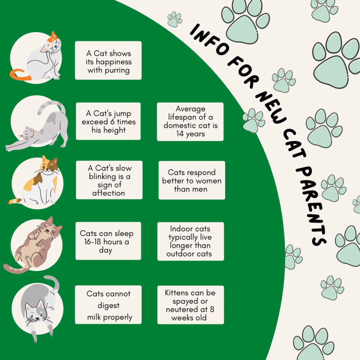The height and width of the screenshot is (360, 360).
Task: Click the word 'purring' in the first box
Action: (x=117, y=70)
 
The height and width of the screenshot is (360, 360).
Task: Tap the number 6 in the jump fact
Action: (x=112, y=122)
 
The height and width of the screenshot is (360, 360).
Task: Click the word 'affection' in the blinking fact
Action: (x=109, y=193)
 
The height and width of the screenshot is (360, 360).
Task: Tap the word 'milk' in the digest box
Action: (x=94, y=317)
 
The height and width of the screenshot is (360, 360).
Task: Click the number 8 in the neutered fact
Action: (x=212, y=309)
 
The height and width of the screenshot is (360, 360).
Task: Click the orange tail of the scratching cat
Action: (x=20, y=75)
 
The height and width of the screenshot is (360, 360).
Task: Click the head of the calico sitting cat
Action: (x=49, y=165)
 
